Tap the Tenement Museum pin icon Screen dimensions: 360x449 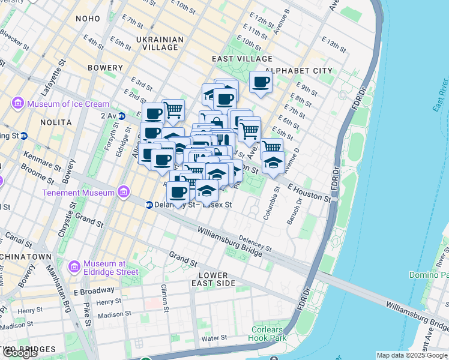point(124,193)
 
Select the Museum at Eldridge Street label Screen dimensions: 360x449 point(110,268)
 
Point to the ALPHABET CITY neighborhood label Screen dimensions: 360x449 point(298,71)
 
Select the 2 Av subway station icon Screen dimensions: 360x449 point(122,116)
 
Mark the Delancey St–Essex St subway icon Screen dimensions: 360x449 point(149,205)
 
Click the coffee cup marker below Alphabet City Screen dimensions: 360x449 point(261,82)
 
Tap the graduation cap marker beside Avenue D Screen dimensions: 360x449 point(273,163)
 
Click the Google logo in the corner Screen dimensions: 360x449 point(20,353)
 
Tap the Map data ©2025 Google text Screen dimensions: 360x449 point(411,355)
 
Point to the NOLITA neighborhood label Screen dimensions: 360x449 point(56,122)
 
